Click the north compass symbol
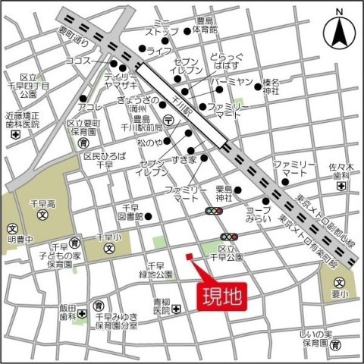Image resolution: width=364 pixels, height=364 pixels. pos(339,31)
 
